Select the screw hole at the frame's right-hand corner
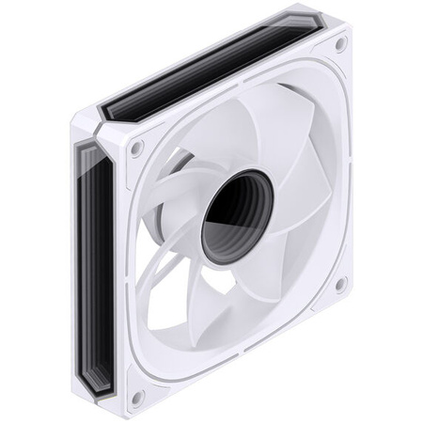coord(339,283)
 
